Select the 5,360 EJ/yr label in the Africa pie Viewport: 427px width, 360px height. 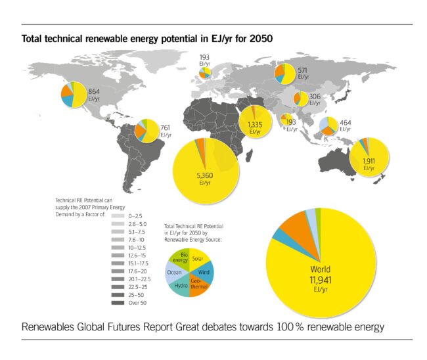click(x=206, y=179)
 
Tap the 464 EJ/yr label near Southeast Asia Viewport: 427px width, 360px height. click(x=346, y=125)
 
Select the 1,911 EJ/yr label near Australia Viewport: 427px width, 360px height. click(x=369, y=163)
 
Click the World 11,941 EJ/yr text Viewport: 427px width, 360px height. click(x=321, y=274)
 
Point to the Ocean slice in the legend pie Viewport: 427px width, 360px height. click(x=174, y=273)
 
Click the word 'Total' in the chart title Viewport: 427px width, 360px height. click(x=34, y=39)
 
